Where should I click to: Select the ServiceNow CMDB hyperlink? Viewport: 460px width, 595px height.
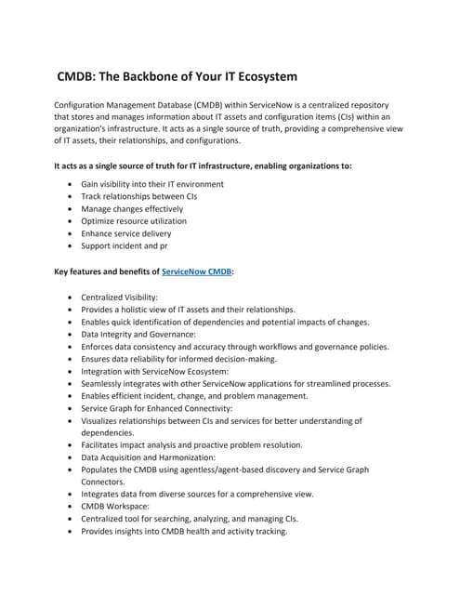197,271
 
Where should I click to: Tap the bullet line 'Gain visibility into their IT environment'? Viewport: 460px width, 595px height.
152,184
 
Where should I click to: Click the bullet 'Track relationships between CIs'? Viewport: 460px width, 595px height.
138,196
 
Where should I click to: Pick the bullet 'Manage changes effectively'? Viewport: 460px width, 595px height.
132,209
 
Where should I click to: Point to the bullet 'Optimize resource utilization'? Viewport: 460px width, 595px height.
134,221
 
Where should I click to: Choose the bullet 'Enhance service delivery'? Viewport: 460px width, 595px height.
126,234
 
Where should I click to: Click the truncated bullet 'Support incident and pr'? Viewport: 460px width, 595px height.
125,247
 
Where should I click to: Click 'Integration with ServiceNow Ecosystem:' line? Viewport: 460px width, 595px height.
158,371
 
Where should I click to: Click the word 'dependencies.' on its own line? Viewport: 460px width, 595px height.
110,432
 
